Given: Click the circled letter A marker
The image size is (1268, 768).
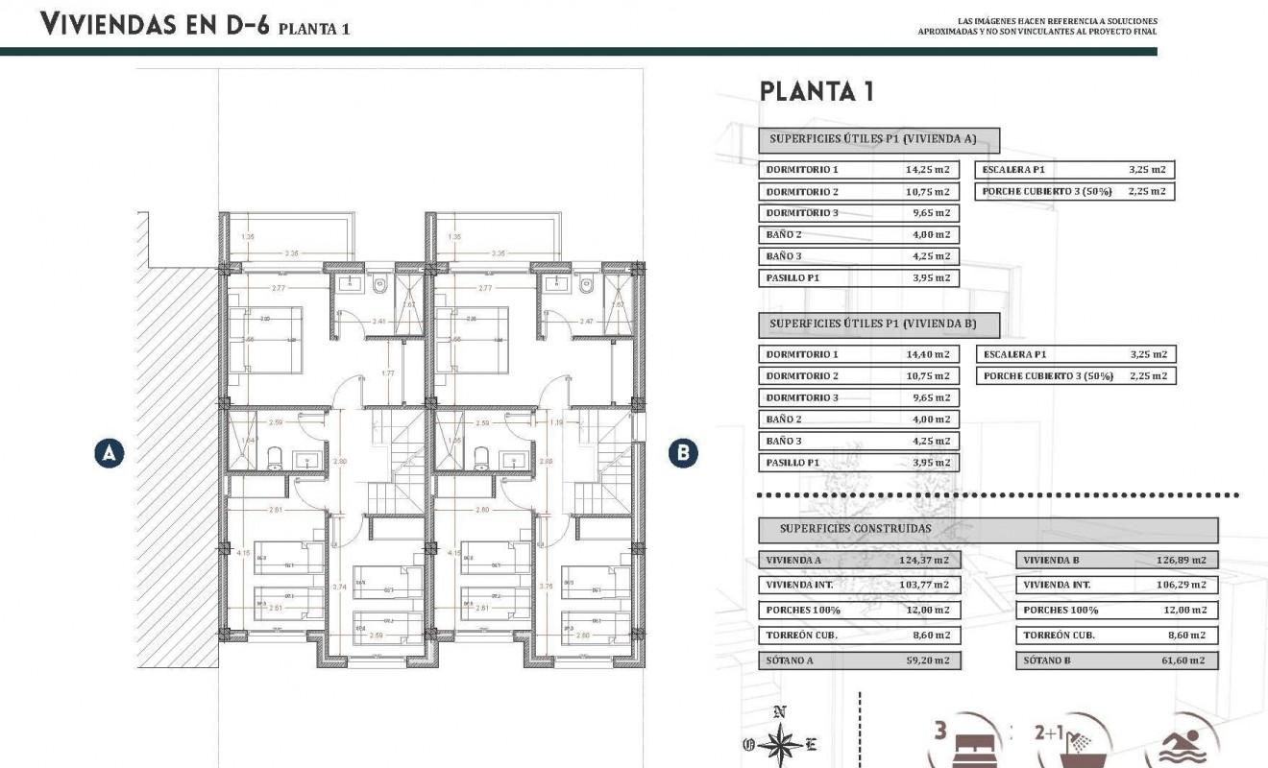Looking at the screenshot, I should tap(110, 453).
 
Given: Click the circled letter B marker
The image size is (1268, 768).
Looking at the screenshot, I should tap(682, 453).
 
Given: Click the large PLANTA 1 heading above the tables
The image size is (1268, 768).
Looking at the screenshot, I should tap(816, 92).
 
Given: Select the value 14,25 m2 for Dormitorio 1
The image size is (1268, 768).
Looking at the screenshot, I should tap(927, 170).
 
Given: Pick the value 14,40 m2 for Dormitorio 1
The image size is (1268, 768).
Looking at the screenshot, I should tap(927, 354).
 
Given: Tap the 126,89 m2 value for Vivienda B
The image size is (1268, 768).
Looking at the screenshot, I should tap(1183, 561).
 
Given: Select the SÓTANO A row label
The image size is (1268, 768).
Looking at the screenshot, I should tap(791, 660).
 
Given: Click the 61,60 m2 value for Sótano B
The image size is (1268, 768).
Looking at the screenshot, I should tap(1183, 660).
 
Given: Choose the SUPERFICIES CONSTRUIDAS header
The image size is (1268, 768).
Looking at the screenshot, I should tap(855, 528).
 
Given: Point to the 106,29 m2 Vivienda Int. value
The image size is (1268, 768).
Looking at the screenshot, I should tap(1183, 585).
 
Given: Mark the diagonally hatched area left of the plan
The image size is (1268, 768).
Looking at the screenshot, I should tap(178, 461).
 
